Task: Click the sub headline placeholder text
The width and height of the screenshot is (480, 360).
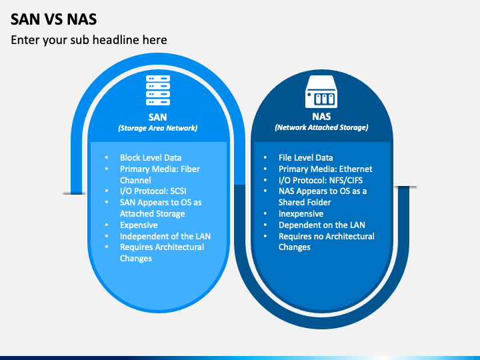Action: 89,40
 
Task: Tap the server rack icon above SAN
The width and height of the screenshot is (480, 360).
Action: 158,91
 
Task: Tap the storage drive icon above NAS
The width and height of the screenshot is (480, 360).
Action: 321,91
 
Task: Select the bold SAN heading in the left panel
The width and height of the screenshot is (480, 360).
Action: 158,117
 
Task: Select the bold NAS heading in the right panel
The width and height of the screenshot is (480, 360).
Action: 321,117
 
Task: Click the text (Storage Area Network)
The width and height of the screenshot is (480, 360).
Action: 158,128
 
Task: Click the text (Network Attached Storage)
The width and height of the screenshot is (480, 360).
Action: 321,127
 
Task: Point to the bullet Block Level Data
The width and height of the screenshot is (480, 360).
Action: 151,158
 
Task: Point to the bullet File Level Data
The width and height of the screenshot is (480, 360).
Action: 305,158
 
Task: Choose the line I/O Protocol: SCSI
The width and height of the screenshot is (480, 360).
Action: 153,191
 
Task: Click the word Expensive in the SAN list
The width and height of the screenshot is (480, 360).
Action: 139,225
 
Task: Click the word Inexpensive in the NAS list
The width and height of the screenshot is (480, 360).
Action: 301,214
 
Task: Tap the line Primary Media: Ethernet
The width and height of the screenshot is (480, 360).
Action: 325,169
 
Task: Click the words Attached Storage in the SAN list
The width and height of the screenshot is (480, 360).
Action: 152,214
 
